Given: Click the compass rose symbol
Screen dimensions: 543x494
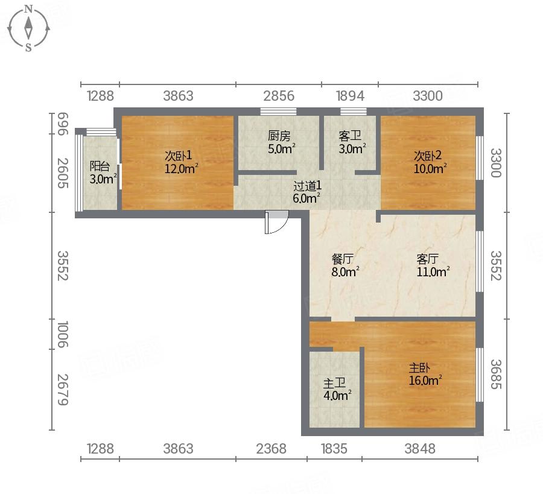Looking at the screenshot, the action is coord(29,28).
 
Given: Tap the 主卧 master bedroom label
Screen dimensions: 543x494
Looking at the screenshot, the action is coord(419,368).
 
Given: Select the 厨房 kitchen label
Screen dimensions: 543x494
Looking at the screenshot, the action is coord(279,136).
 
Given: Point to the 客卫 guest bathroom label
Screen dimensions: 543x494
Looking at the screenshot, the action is coord(350,136).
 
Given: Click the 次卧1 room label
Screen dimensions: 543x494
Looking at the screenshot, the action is coord(178,156).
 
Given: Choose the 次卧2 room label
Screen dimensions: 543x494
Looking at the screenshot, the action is coord(428,156).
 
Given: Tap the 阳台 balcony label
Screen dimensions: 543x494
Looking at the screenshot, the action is coord(100,166).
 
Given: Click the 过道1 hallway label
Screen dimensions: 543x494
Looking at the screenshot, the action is coord(307,186).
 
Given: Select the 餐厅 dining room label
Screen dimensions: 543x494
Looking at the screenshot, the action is coord(343,259).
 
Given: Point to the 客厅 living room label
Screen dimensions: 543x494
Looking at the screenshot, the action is coord(428,259).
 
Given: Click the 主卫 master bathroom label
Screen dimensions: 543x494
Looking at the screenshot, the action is coord(334,383).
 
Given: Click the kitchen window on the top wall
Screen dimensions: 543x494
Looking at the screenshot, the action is coord(278,112).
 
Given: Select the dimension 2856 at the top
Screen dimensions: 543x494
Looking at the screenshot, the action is coord(279,96).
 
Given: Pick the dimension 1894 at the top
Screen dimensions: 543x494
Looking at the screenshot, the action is coord(350,96).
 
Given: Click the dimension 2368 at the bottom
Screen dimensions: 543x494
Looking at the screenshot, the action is coord(271,449).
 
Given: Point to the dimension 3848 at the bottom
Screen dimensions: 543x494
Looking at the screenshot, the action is coord(420,449).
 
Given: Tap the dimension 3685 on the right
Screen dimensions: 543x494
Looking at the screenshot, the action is coord(496,374).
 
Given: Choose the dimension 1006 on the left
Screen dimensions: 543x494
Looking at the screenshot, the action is coord(63,334).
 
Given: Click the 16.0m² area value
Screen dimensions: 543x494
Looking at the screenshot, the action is coord(425,381).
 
